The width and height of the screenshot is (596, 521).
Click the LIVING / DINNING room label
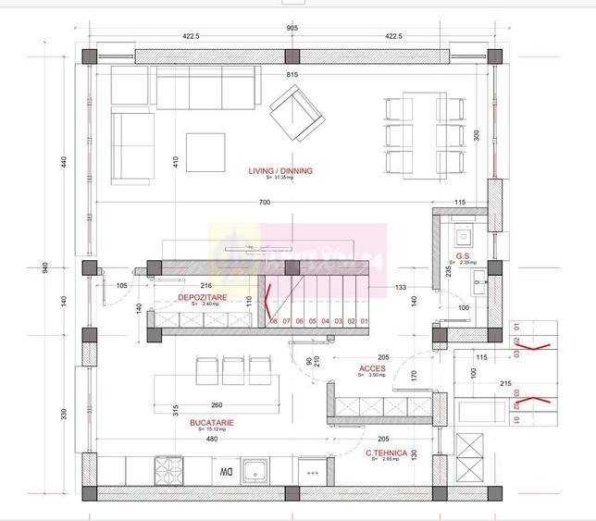coord(279,171)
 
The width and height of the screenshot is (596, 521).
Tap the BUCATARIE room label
coord(212,422)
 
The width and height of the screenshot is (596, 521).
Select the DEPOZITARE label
coord(204,297)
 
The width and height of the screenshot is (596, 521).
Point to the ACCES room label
coord(373,368)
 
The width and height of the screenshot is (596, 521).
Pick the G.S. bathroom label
coord(464,256)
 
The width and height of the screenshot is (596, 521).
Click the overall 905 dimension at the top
coord(292,29)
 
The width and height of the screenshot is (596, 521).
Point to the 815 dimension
coord(292,74)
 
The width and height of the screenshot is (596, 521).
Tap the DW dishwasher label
coord(225,471)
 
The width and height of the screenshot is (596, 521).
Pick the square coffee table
coord(205,153)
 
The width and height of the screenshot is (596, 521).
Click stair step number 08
coord(274,321)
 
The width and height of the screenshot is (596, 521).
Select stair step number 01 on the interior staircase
coord(365,321)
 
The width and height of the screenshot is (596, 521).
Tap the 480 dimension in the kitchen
coord(212,440)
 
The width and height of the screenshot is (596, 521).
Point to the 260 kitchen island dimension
coord(216,405)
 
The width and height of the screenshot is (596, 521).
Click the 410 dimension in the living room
coord(174,160)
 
